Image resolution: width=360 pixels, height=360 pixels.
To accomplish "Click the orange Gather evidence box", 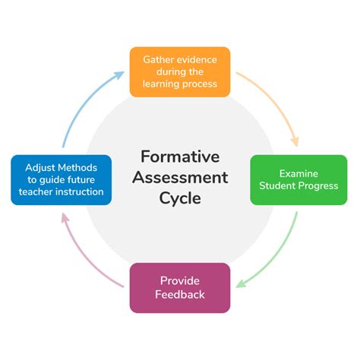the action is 180,72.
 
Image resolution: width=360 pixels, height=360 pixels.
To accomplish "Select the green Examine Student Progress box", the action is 298,180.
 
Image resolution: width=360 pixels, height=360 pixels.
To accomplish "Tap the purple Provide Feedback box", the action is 180,288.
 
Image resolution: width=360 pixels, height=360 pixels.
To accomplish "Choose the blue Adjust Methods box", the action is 62,180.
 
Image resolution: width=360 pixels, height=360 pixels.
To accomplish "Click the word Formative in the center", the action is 180,156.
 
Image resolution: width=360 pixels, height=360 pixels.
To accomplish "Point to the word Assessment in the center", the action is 180,177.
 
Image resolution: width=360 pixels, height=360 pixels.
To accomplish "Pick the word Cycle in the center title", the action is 180,198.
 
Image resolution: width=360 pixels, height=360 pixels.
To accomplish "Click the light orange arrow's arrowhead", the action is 295,142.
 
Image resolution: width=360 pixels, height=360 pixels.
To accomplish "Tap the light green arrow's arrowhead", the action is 241,284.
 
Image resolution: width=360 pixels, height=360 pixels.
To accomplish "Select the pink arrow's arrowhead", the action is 65,218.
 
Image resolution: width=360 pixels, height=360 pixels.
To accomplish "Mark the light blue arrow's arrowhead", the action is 119,75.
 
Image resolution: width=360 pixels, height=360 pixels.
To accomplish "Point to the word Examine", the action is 298,174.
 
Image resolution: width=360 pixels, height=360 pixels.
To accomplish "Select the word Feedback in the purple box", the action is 180,295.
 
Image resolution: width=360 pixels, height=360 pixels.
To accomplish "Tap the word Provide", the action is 180,281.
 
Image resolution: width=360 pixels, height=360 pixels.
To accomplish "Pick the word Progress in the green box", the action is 318,186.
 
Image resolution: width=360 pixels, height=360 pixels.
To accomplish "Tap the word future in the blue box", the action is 81,180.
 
